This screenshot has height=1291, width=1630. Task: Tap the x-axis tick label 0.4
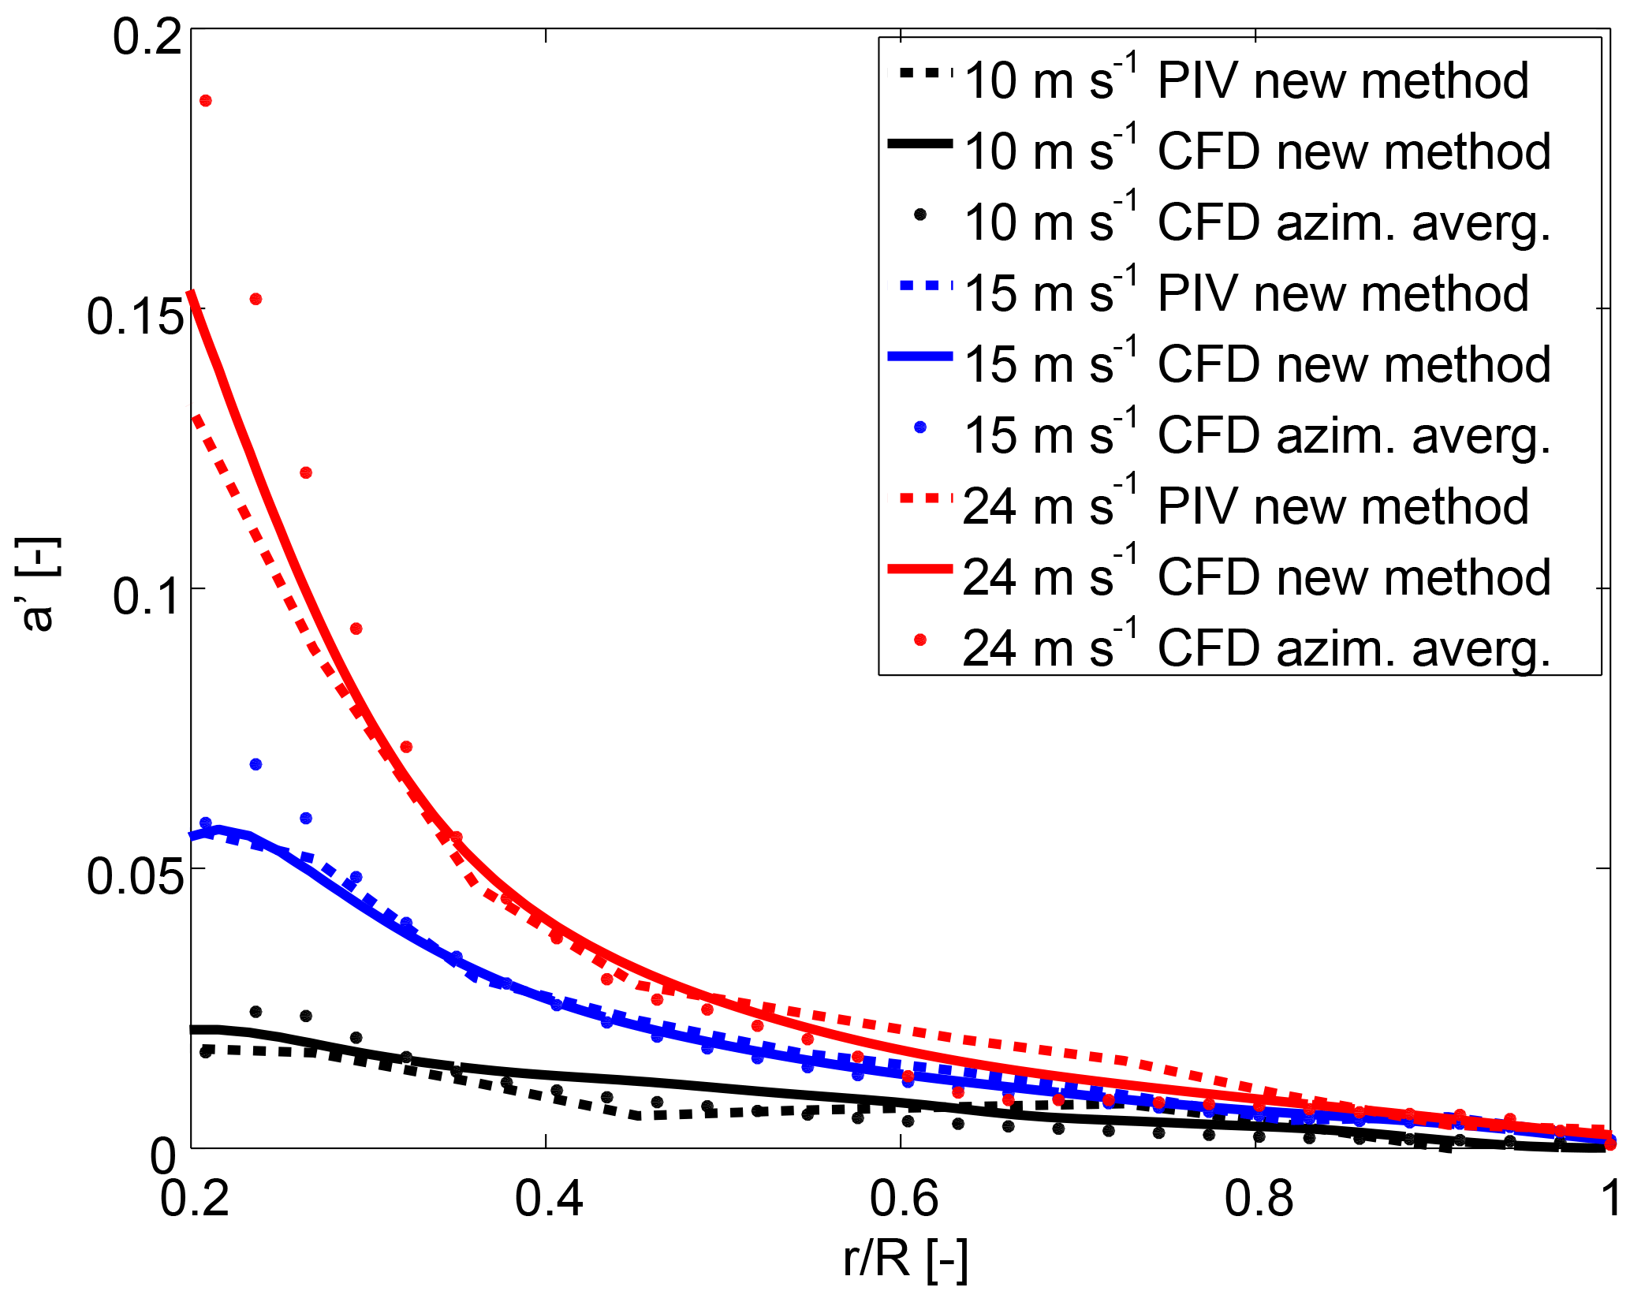pyautogui.click(x=548, y=1200)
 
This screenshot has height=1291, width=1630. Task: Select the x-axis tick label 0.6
pyautogui.click(x=903, y=1200)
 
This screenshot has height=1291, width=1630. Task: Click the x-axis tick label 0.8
pyautogui.click(x=1258, y=1200)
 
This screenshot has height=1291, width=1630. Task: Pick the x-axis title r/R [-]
pyautogui.click(x=905, y=1259)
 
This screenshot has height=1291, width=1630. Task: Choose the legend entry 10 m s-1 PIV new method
pyautogui.click(x=1246, y=80)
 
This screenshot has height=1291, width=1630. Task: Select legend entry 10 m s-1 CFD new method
pyautogui.click(x=1257, y=151)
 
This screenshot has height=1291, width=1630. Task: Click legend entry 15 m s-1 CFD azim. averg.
pyautogui.click(x=1257, y=435)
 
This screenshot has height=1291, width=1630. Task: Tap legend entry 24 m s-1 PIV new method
pyautogui.click(x=1246, y=506)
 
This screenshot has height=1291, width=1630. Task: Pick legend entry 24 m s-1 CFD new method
pyautogui.click(x=1257, y=577)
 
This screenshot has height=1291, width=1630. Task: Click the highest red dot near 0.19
pyautogui.click(x=206, y=101)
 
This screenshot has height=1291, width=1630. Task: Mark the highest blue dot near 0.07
pyautogui.click(x=256, y=764)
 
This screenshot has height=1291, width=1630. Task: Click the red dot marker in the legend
pyautogui.click(x=919, y=640)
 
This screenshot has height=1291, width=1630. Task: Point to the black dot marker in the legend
pyautogui.click(x=919, y=214)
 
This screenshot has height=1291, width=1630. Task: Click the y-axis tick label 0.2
pyautogui.click(x=147, y=36)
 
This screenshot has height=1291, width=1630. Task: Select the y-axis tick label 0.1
pyautogui.click(x=147, y=596)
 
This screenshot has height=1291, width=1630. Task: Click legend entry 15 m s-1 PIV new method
pyautogui.click(x=1246, y=293)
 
